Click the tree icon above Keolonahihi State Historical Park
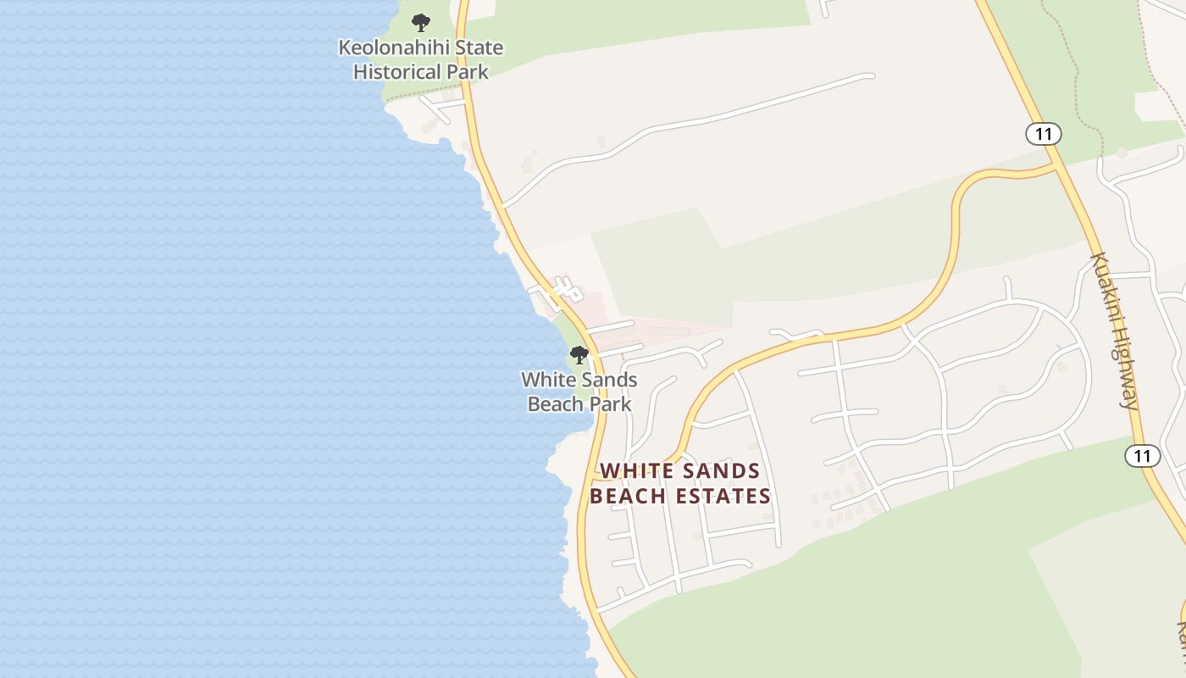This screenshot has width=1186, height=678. pyautogui.click(x=420, y=23)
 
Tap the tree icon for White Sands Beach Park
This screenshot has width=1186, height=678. pyautogui.click(x=579, y=354)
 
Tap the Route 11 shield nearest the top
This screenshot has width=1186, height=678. pyautogui.click(x=1043, y=133)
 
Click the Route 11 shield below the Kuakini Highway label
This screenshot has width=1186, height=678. pyautogui.click(x=1143, y=456)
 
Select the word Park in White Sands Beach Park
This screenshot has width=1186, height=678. pyautogui.click(x=611, y=403)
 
